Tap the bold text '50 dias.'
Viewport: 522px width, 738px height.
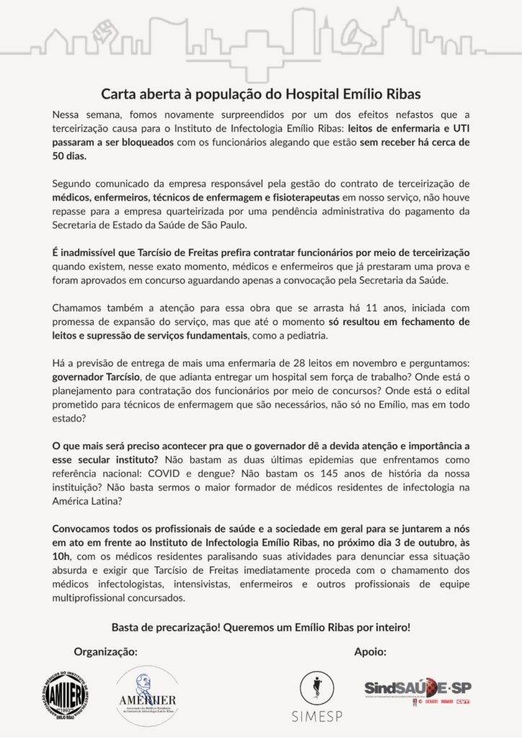(x=69, y=155)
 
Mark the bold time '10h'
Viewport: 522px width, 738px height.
(x=61, y=554)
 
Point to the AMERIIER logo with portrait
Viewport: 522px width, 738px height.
(x=146, y=695)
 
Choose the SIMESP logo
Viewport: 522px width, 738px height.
(x=316, y=696)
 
